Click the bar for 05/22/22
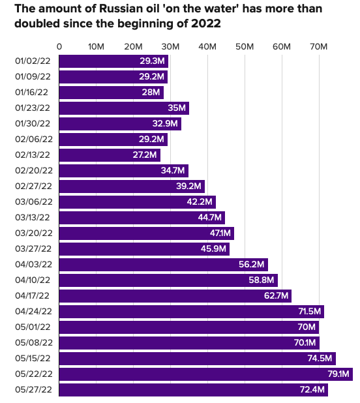[205, 374]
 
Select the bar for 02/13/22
[110, 155]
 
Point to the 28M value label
[151, 93]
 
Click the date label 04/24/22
[33, 312]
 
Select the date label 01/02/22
[33, 61]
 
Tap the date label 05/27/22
[33, 390]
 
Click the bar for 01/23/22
[124, 108]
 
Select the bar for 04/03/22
[163, 265]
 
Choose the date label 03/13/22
[33, 218]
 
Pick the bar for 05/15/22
[197, 359]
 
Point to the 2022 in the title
[202, 25]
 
